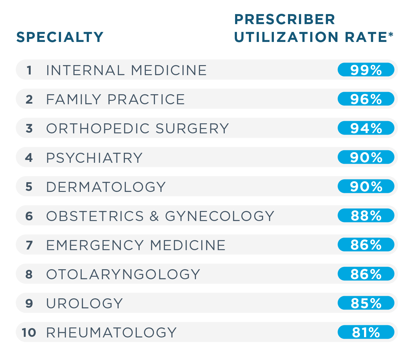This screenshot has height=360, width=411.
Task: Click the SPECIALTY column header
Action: [60, 37]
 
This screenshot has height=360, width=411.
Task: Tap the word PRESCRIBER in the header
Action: [285, 19]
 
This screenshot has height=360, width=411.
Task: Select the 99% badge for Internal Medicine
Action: [366, 70]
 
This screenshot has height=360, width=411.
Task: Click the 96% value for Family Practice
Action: [366, 99]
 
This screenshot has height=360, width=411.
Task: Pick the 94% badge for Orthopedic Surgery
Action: [366, 128]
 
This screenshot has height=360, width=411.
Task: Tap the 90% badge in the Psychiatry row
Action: [366, 157]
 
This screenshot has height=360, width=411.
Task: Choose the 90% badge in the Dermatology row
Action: [366, 186]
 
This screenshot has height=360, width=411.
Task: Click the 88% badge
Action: [366, 216]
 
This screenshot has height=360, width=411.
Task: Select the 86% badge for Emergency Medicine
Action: [366, 245]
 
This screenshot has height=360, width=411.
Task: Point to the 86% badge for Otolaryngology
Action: [366, 274]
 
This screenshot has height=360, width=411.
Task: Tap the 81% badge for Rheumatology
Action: [366, 332]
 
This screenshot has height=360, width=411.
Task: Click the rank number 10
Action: [29, 332]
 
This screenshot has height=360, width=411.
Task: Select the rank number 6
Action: [29, 216]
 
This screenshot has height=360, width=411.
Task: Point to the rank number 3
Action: [29, 128]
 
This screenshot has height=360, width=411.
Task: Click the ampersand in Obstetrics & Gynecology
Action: [154, 216]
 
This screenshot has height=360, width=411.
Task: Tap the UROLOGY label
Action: [85, 303]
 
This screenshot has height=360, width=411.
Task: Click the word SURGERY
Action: [192, 128]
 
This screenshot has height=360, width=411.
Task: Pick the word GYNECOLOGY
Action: [219, 216]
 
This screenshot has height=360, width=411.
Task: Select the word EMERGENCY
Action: [95, 245]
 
